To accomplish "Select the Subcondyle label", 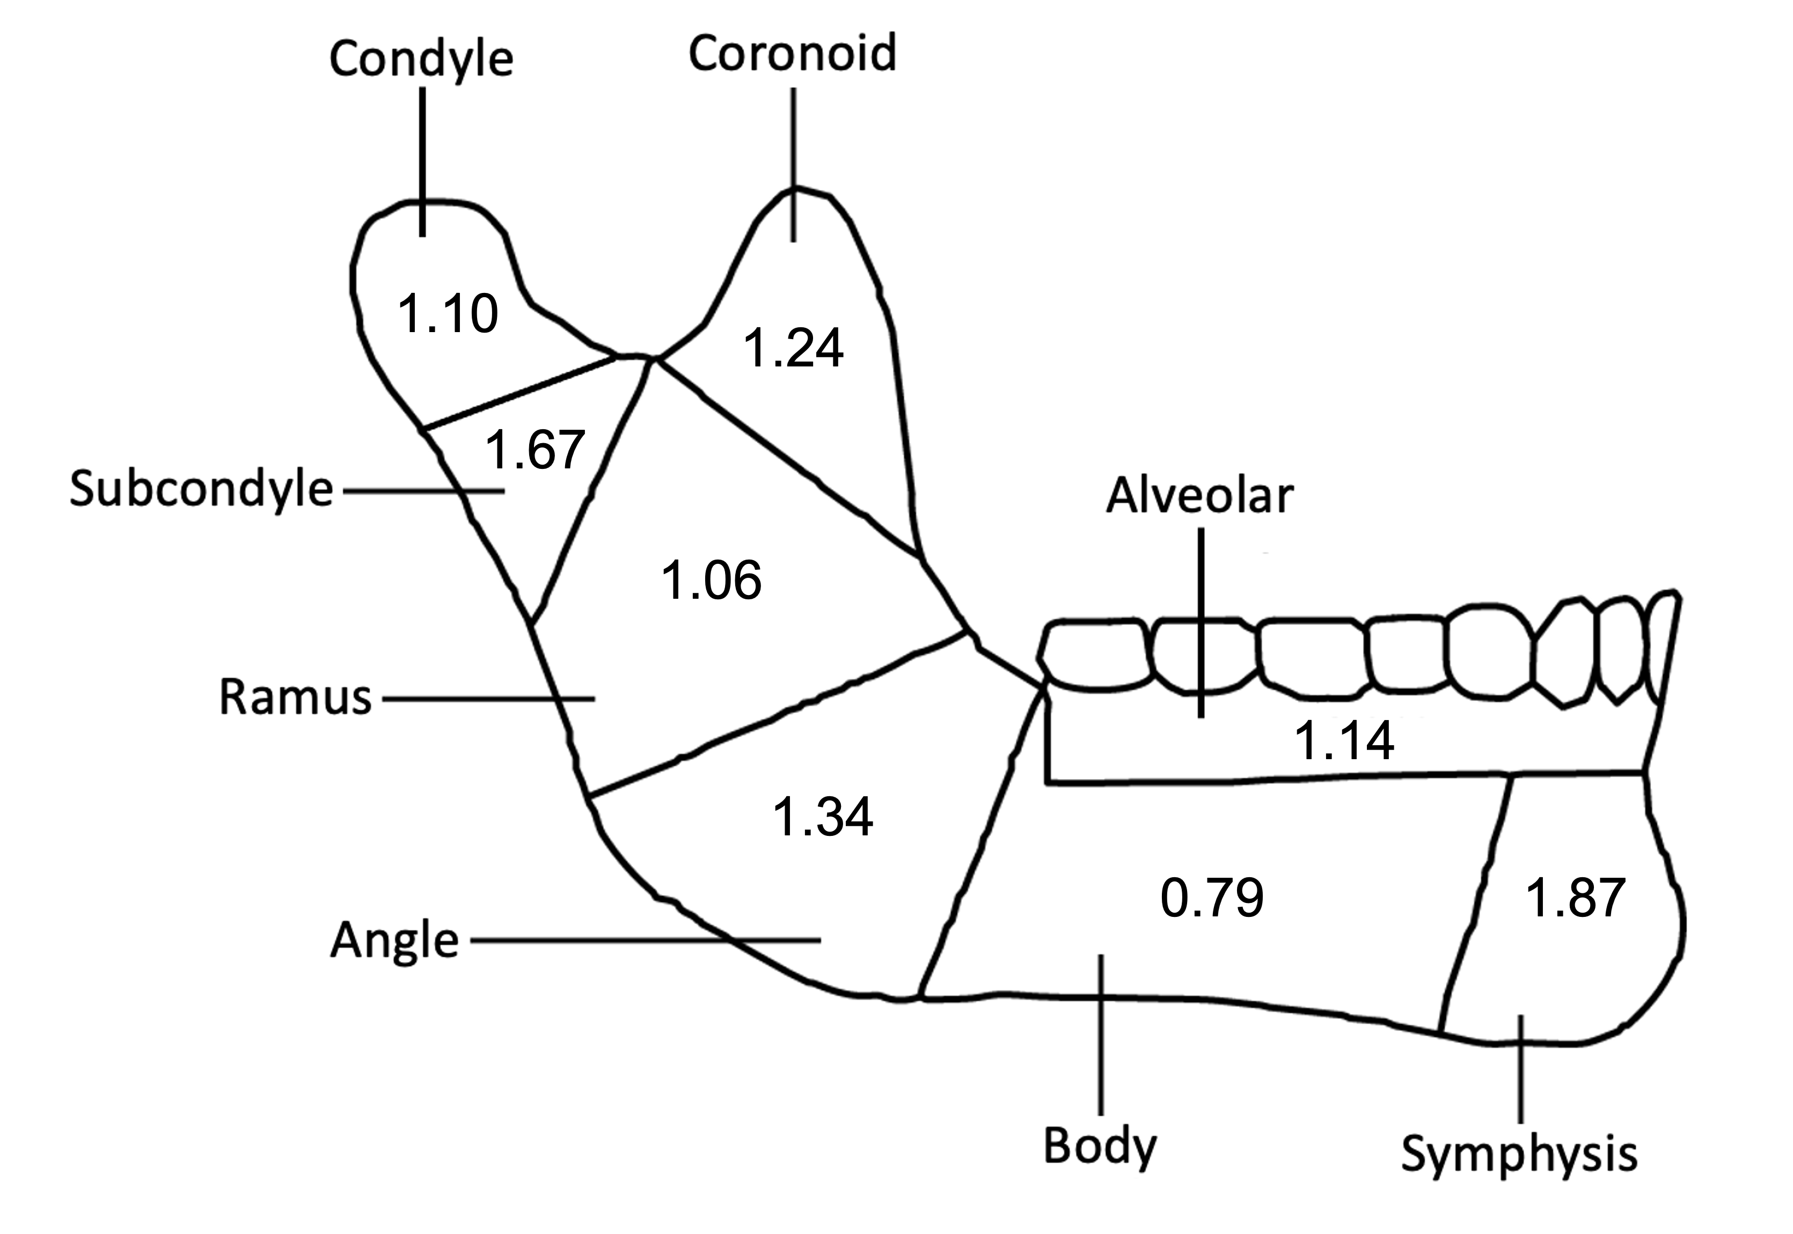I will (201, 489).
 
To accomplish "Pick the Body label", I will (1100, 1146).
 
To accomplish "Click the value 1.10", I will (448, 313).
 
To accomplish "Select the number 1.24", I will (793, 347).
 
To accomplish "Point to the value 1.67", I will (535, 450).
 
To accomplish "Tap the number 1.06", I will (711, 581).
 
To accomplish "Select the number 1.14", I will (1344, 740).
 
